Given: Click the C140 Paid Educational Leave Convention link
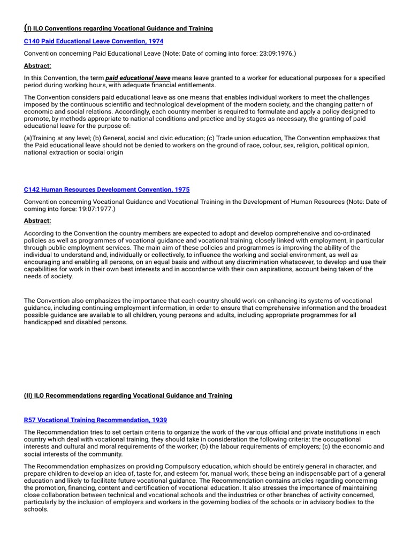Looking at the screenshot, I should (x=94, y=41).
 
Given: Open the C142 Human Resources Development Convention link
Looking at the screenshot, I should (x=106, y=189).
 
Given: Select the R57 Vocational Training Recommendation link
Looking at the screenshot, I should (x=95, y=420).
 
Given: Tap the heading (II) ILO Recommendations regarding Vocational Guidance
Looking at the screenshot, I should (x=128, y=395).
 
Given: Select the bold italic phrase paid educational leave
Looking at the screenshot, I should (x=138, y=78).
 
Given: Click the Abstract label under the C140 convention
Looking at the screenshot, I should (x=37, y=66).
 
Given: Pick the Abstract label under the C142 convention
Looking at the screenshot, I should (x=37, y=220).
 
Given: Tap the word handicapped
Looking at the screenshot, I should (x=45, y=322).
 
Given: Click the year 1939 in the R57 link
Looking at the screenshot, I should (x=159, y=420).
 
